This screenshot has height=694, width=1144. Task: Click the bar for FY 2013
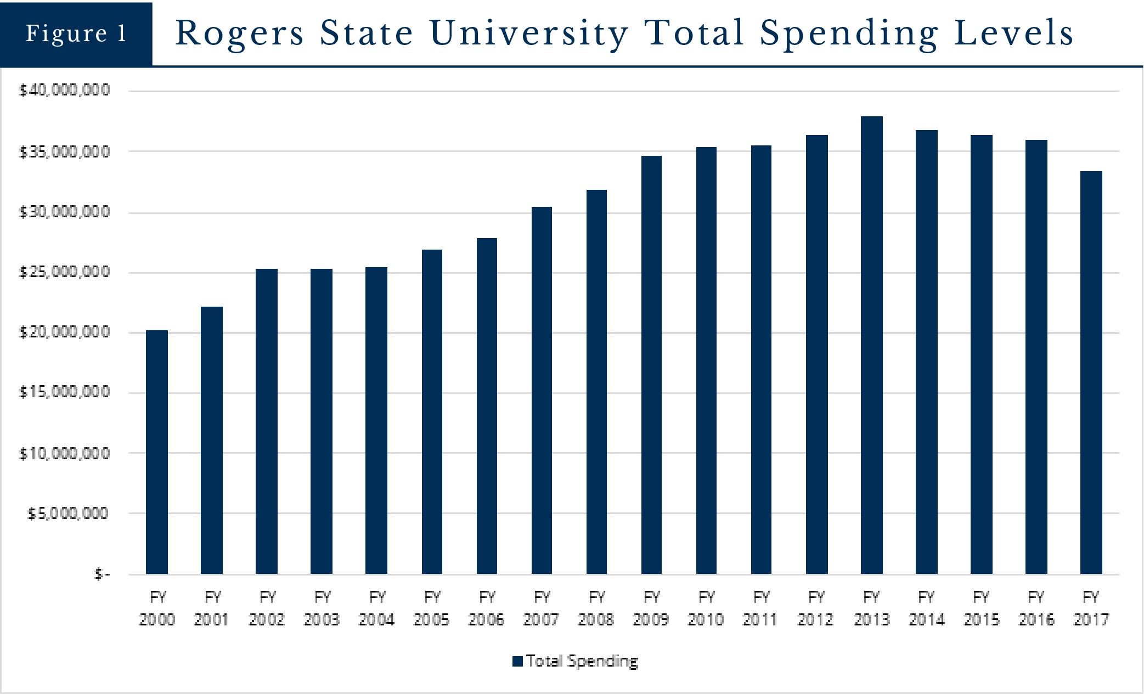click(871, 346)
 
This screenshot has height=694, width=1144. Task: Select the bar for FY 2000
click(157, 452)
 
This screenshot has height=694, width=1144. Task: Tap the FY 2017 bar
click(1091, 373)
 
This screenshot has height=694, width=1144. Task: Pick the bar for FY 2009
click(651, 365)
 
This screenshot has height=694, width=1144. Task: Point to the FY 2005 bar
click(432, 411)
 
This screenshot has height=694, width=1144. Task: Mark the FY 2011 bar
click(761, 359)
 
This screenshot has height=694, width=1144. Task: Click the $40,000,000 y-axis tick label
click(64, 90)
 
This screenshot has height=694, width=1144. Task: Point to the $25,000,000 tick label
click(64, 272)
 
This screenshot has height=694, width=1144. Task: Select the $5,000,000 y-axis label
click(68, 514)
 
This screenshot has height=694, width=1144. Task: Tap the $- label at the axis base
click(102, 574)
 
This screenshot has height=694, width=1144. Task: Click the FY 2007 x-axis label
click(541, 608)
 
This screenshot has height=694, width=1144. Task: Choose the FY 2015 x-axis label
click(981, 608)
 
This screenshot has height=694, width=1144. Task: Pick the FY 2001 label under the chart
click(212, 608)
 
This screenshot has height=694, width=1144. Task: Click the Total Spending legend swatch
click(517, 662)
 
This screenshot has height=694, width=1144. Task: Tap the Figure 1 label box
click(76, 33)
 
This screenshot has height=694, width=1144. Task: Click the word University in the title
click(529, 33)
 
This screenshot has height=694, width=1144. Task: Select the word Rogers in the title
click(240, 33)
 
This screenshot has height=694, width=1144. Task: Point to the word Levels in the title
click(1013, 33)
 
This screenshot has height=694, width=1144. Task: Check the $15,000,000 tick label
click(64, 392)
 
